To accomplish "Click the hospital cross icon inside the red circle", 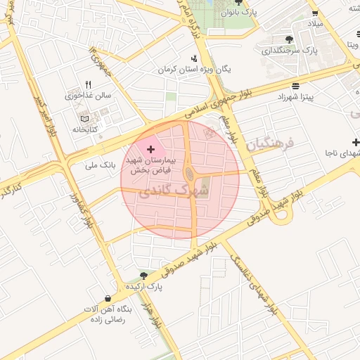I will [151, 149].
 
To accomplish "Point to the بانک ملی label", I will [99, 165].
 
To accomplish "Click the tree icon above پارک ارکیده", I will [143, 276].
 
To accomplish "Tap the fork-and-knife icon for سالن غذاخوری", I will [88, 84].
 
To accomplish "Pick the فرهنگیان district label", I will [269, 146].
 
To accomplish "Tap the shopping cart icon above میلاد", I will [316, 12].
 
